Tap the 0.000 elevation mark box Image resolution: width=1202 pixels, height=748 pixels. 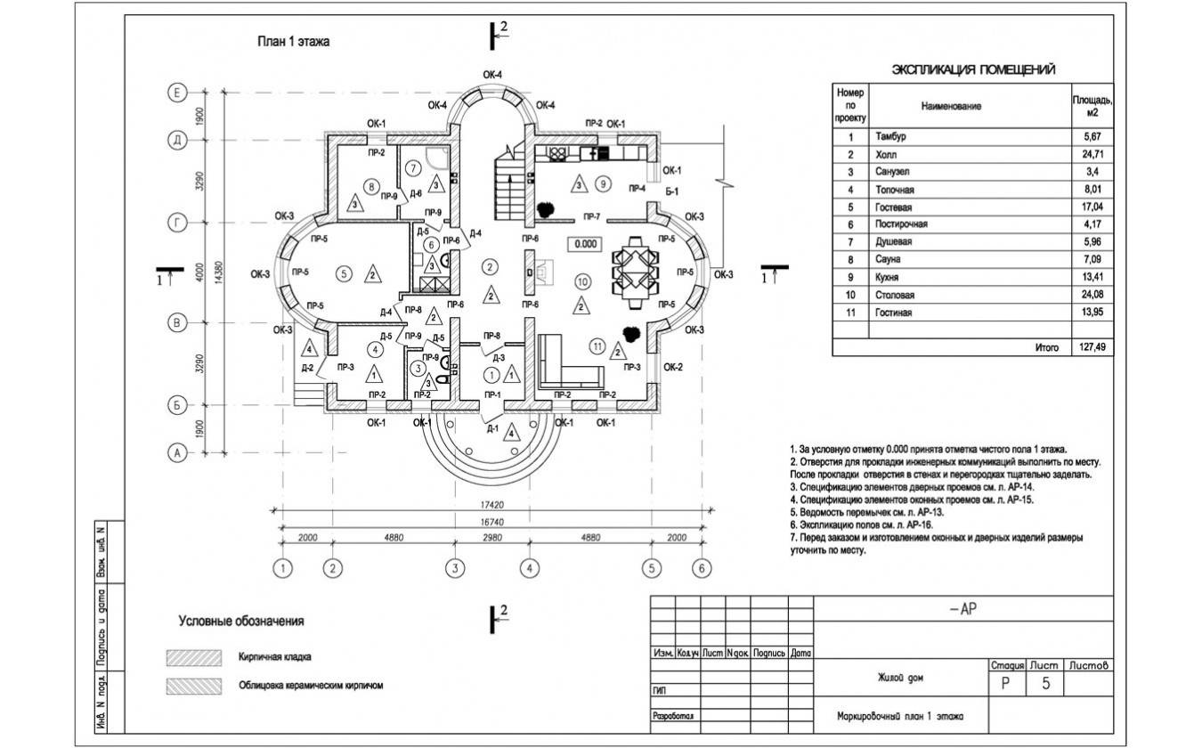coord(585,243)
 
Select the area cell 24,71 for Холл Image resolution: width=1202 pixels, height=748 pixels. coord(1092,154)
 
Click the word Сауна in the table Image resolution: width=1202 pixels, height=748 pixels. coord(888,259)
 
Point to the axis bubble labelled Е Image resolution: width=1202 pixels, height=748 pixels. coord(178,92)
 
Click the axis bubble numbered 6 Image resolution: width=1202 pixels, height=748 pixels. coord(702,567)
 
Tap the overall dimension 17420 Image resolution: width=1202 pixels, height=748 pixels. coord(491,504)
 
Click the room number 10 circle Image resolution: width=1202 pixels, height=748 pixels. coord(581,280)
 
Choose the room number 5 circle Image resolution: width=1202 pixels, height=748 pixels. coord(344,273)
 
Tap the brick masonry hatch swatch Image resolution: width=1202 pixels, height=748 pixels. coord(193,657)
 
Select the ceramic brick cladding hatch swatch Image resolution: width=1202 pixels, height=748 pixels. coord(193,686)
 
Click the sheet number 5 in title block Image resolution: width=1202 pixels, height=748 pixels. coord(1046,684)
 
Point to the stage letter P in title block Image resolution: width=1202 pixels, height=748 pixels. coord(1006,684)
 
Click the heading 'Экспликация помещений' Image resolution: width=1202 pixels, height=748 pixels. coord(974,70)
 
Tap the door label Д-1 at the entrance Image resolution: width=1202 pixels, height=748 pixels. coord(491,428)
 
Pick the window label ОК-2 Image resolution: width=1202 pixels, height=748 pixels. coord(674,367)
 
